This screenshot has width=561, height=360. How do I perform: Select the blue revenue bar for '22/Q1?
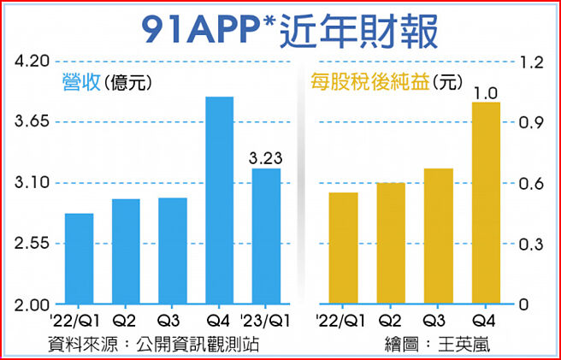click(79, 258)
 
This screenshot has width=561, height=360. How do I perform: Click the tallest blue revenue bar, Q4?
click(219, 201)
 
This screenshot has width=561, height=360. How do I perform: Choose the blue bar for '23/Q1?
click(265, 236)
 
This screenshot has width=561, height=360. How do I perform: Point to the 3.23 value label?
click(265, 158)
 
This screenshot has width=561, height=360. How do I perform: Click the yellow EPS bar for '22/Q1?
click(342, 248)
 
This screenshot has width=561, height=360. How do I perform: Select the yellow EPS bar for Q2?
click(390, 244)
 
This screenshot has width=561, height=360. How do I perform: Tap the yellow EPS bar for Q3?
click(439, 236)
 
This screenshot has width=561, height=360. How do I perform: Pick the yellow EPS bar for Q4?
click(486, 204)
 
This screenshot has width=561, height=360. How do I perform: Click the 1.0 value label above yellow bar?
click(486, 92)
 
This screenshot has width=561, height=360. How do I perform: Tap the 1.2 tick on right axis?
click(534, 62)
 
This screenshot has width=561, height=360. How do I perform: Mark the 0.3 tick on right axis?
click(534, 244)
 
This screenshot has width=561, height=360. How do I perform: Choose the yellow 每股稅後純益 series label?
click(369, 83)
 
